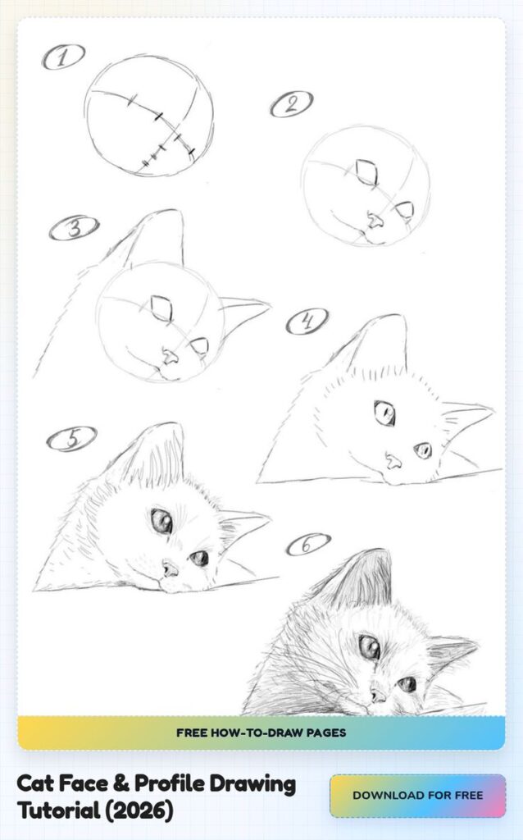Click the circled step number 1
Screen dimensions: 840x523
(63, 57)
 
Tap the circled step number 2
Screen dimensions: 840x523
(291, 104)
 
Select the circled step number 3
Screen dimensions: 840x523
(74, 228)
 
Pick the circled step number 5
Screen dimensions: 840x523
(71, 439)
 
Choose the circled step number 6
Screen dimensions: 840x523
(308, 544)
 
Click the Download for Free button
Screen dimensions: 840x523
(417, 795)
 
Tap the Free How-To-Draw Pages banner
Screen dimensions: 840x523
(261, 733)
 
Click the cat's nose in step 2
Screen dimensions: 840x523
(374, 221)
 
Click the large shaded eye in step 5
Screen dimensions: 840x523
(161, 521)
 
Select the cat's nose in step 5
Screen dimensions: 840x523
(170, 568)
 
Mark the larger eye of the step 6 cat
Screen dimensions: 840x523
(369, 647)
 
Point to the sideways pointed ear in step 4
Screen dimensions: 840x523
(466, 416)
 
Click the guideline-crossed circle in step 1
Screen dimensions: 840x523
(148, 116)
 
